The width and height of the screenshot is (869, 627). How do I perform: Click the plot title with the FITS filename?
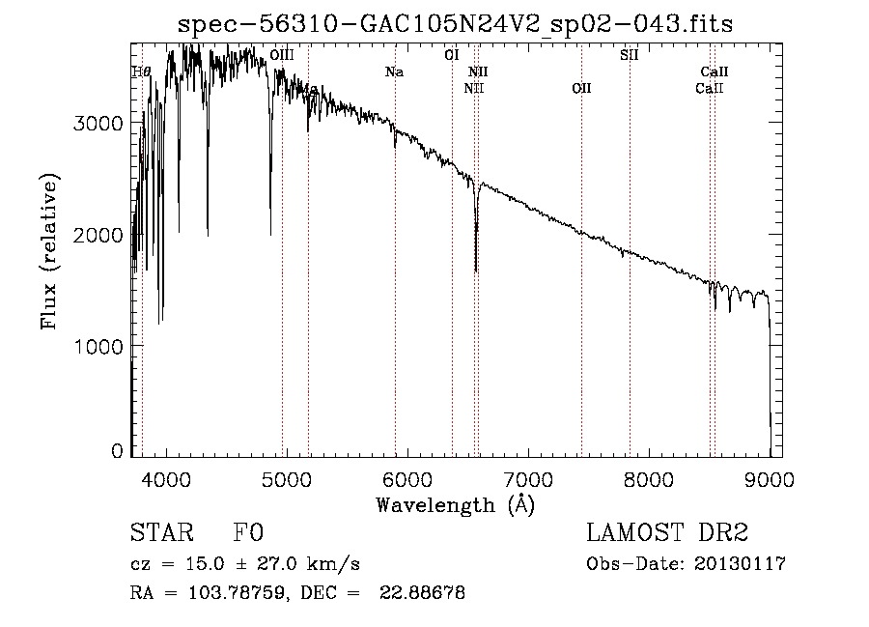455,25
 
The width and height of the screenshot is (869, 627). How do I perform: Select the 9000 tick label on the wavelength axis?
770,480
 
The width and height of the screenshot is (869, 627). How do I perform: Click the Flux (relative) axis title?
49,251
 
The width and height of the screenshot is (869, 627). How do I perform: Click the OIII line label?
282,56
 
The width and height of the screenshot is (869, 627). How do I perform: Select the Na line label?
394,71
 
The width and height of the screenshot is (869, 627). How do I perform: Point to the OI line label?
451,56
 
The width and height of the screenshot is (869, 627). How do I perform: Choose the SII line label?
629,56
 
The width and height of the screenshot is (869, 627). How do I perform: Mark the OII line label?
581,89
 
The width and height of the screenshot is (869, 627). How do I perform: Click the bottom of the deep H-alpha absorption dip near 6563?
475,271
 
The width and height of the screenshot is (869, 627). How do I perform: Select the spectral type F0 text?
248,534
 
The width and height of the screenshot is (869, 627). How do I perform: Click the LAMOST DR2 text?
667,534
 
